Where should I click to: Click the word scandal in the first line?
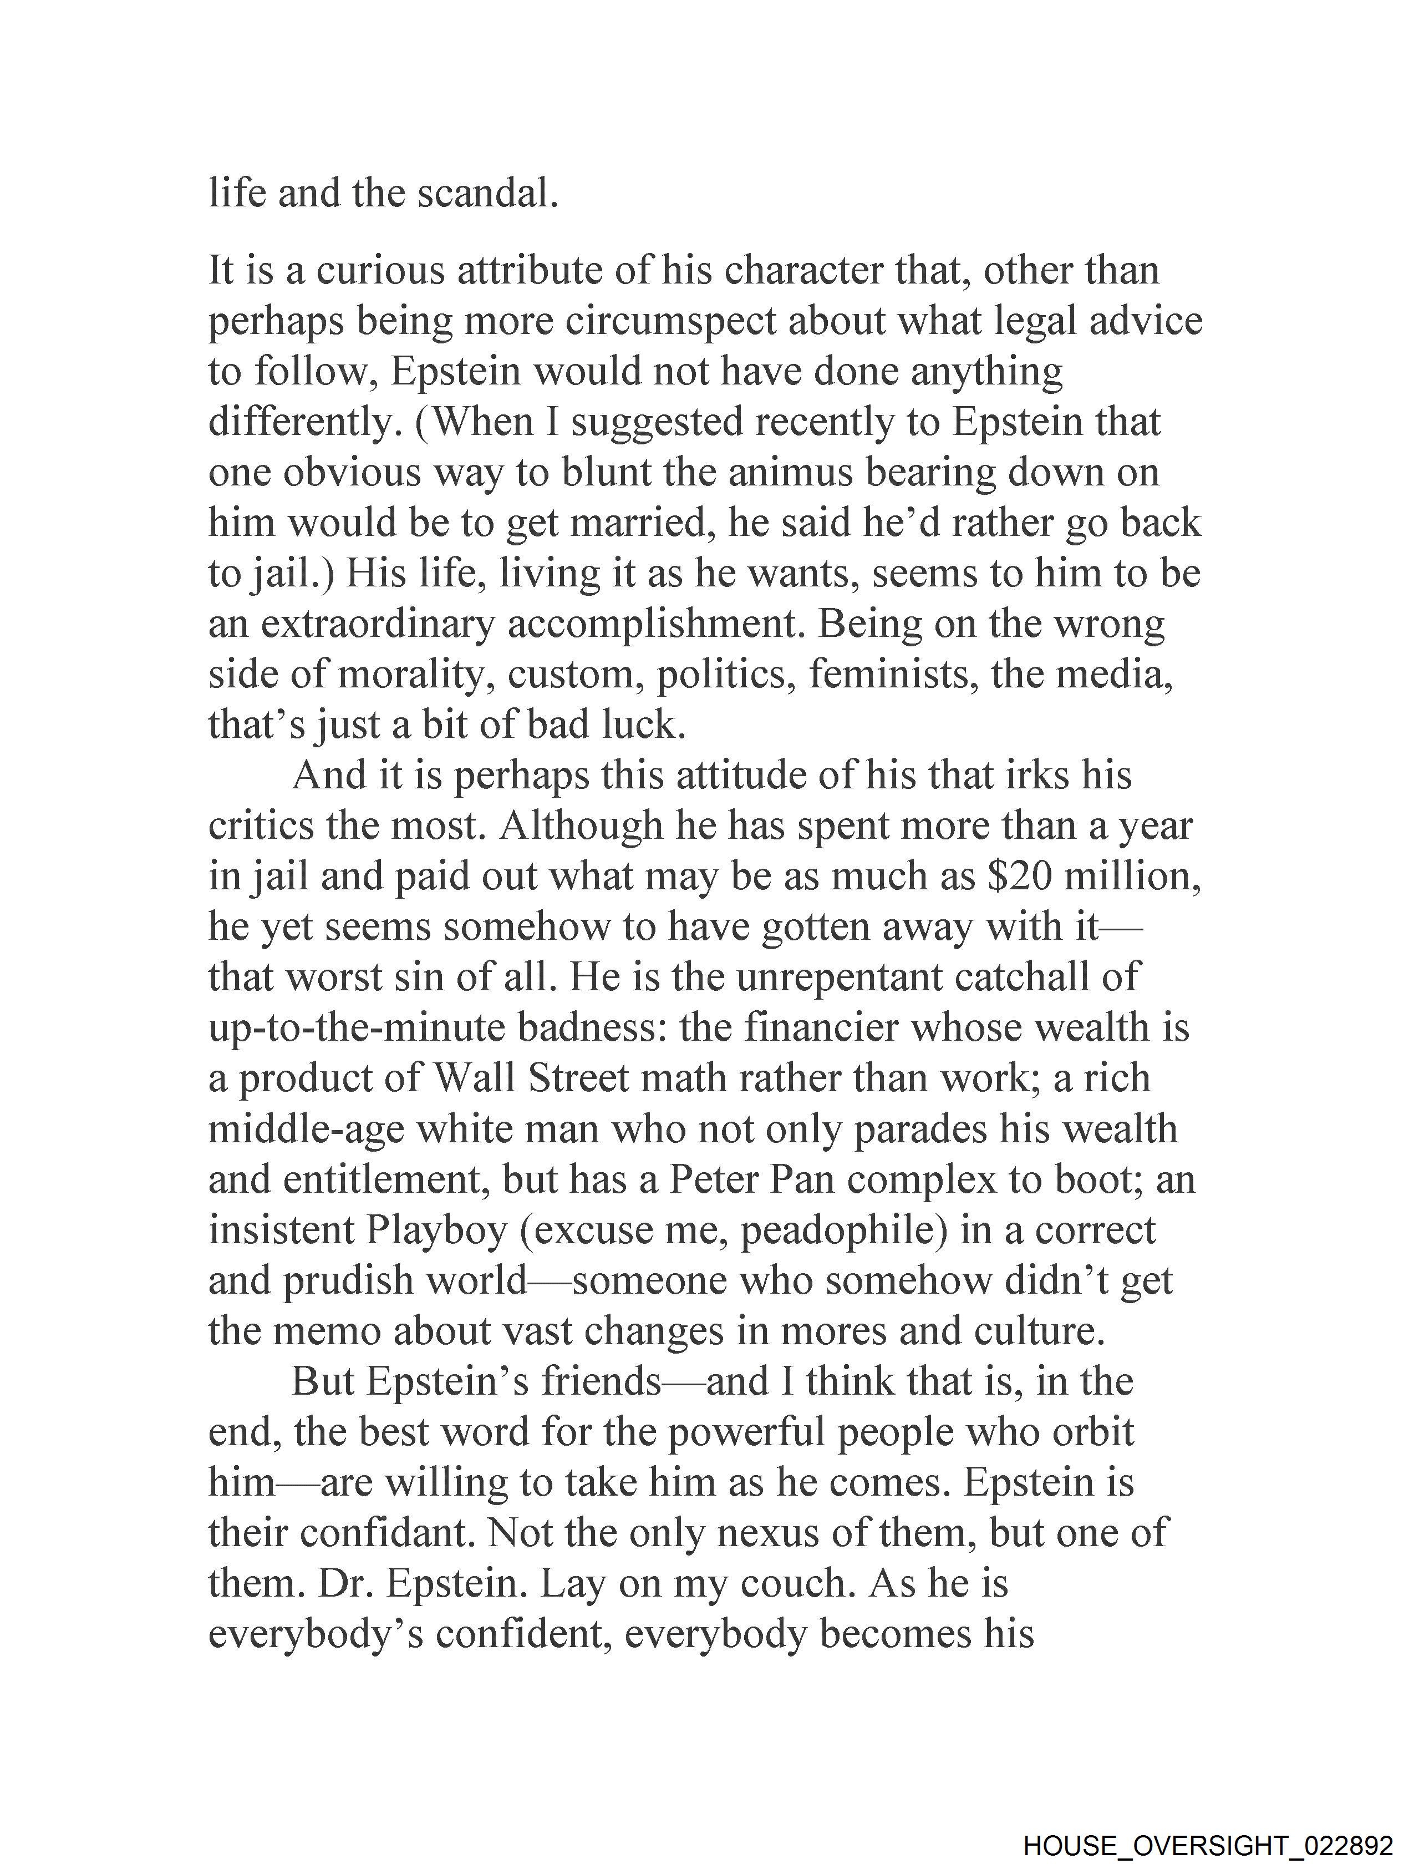click(x=487, y=194)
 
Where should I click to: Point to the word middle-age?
click(x=306, y=1129)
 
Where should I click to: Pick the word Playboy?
click(x=436, y=1231)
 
